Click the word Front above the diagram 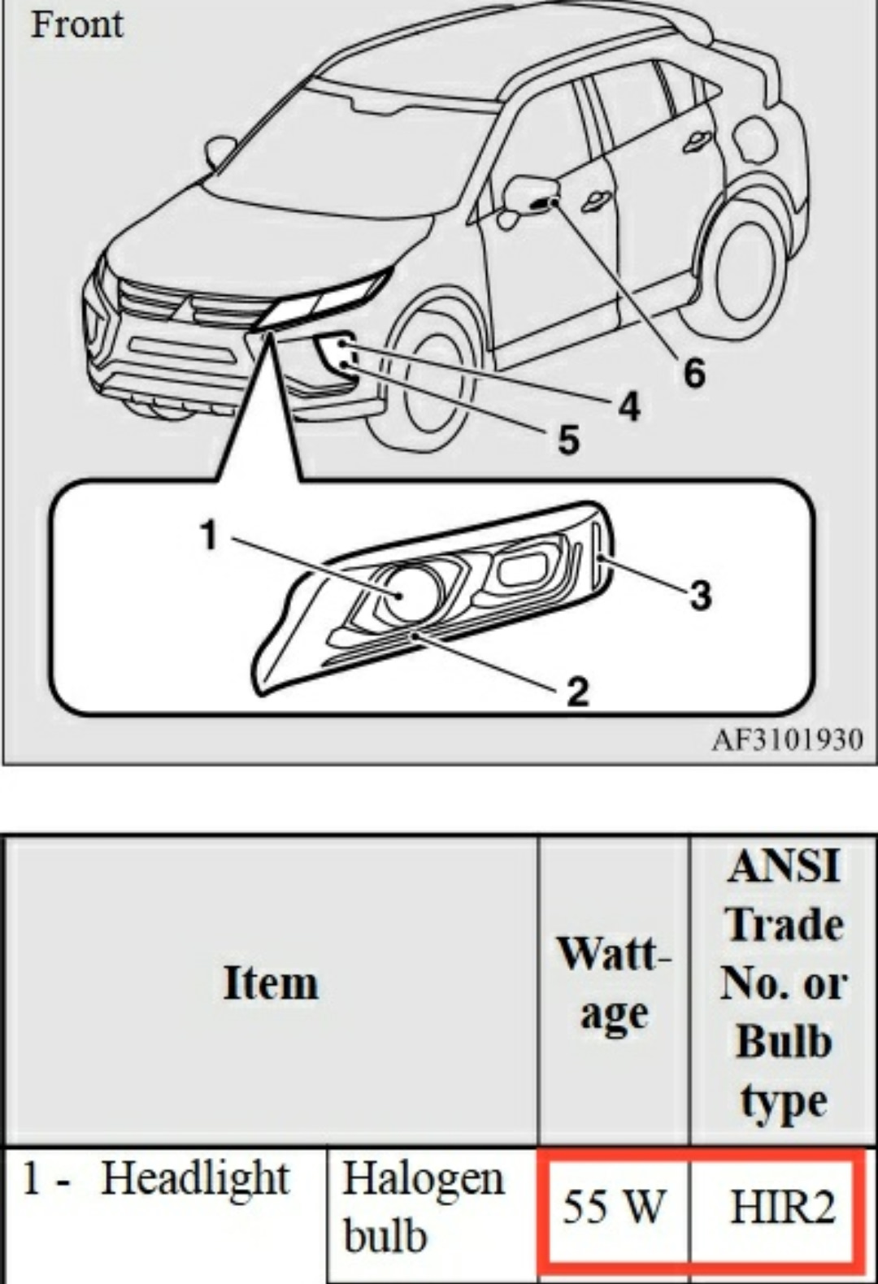[77, 24]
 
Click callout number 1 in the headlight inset [210, 536]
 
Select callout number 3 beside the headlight [700, 594]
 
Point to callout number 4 [629, 406]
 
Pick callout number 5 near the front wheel [568, 440]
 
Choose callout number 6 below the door [693, 373]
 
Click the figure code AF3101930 [786, 740]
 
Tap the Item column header [271, 983]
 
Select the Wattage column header [614, 983]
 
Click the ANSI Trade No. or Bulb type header [783, 983]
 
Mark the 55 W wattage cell [615, 1206]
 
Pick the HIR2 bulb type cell [782, 1206]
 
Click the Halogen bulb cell [423, 1208]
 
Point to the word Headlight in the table [195, 1178]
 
